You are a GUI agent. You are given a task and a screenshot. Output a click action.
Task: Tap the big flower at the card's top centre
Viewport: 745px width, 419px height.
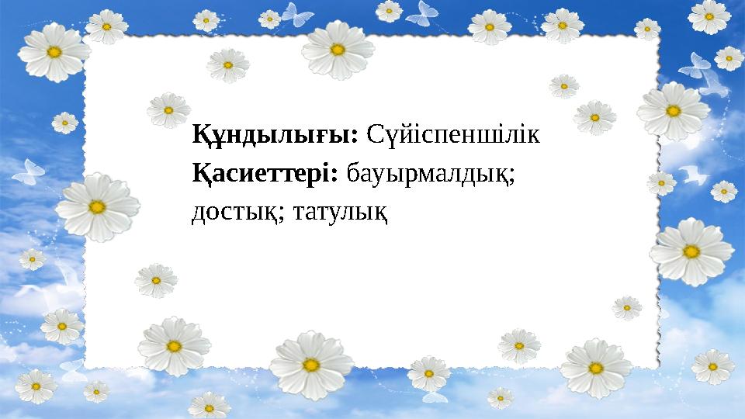[x=337, y=49]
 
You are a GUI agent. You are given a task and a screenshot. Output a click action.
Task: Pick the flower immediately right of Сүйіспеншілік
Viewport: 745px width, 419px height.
[x=595, y=117]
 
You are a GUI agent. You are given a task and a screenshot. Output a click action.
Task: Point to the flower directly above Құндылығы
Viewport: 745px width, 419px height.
[x=228, y=65]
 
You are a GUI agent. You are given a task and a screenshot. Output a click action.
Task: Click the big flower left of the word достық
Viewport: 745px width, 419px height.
[x=97, y=207]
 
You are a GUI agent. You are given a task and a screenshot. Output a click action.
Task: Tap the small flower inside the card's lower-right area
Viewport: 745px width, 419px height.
[x=627, y=308]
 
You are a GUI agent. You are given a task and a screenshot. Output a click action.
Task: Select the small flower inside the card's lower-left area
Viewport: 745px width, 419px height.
[x=156, y=279]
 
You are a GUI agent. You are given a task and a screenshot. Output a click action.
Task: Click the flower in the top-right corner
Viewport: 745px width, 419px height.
[x=709, y=16]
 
